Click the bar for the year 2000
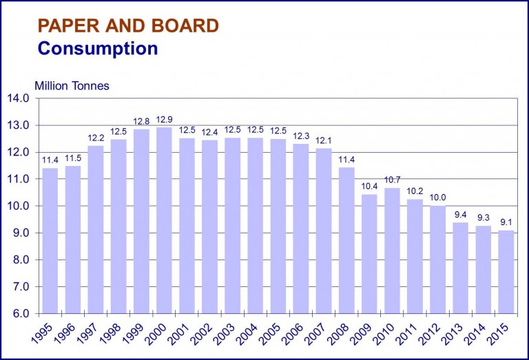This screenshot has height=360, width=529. click(x=164, y=220)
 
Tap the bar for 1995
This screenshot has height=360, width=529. click(x=50, y=241)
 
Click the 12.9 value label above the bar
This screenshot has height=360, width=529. click(x=164, y=119)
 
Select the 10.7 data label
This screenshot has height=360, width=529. click(x=392, y=180)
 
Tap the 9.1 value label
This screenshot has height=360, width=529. click(x=506, y=222)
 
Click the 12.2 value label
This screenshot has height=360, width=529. click(x=96, y=138)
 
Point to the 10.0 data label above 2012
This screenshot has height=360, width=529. click(x=437, y=198)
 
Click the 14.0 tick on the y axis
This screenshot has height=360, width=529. click(x=19, y=98)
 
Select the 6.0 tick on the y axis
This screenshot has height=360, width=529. click(x=19, y=314)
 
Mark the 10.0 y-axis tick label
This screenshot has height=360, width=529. click(x=19, y=206)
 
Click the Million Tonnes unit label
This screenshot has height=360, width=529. click(x=72, y=86)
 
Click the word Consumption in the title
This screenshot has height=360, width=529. click(x=98, y=49)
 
